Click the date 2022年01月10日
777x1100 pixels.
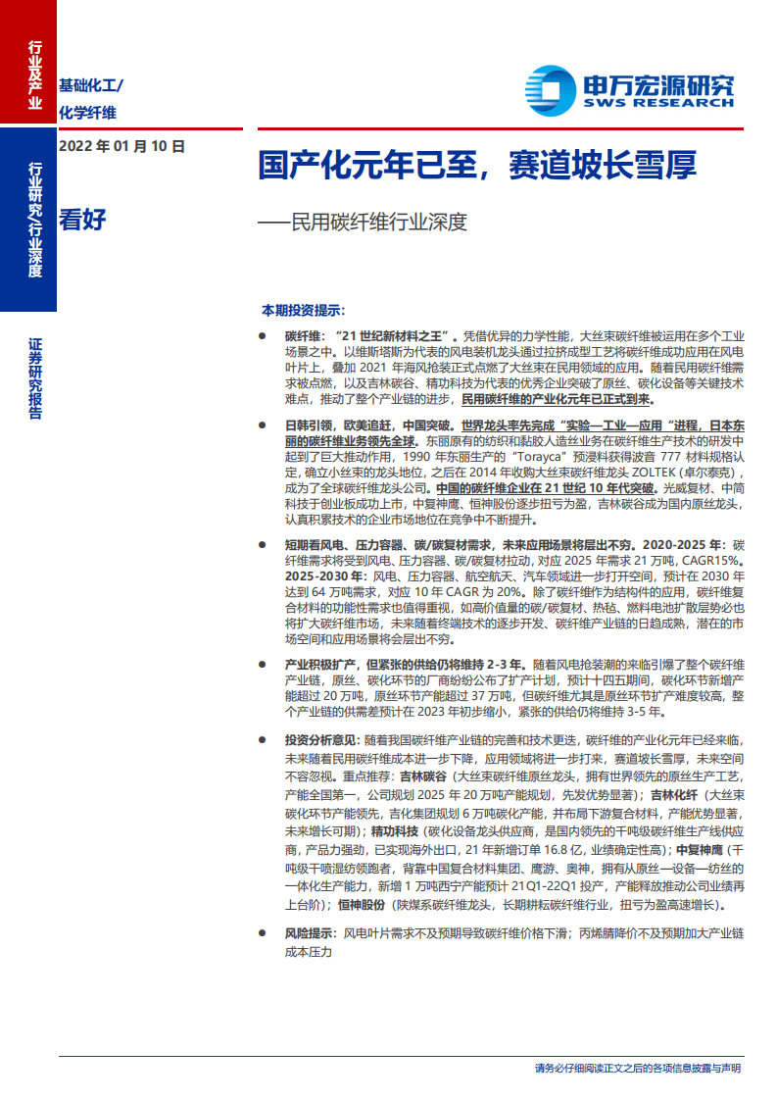click(x=121, y=147)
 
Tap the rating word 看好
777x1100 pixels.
click(x=82, y=219)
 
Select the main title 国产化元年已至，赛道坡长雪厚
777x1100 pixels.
click(x=477, y=165)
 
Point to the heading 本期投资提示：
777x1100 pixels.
click(x=303, y=310)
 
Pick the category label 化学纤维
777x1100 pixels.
click(x=87, y=112)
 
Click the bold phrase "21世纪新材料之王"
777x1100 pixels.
click(x=393, y=335)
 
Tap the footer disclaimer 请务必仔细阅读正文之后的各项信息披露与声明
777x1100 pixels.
click(x=637, y=1068)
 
